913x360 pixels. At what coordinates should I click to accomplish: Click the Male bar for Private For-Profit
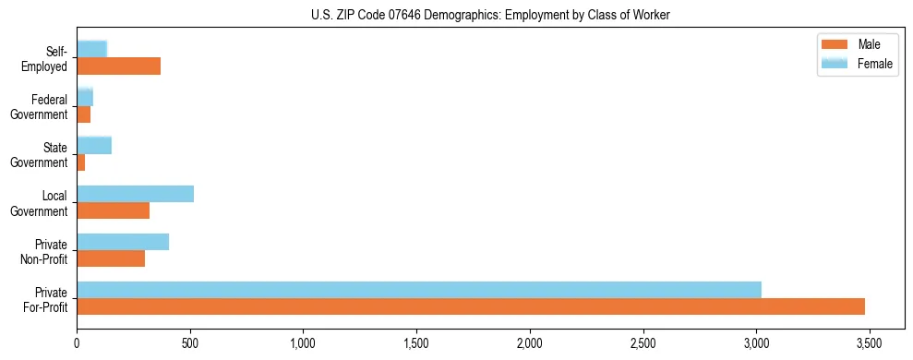point(471,306)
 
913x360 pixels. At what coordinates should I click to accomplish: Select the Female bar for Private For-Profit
point(419,290)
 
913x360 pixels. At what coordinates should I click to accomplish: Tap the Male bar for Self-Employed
point(119,66)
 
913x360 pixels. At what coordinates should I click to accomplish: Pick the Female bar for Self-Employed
point(92,49)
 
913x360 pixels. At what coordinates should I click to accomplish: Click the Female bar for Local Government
point(136,194)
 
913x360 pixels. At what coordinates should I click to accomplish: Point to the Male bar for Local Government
point(114,210)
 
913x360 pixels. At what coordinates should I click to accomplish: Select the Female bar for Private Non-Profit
point(123,242)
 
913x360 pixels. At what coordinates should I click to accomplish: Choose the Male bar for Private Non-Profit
point(111,258)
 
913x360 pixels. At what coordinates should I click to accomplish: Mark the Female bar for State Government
point(94,145)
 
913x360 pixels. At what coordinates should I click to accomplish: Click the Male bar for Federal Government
point(84,114)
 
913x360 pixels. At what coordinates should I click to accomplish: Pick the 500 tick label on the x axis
point(190,342)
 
